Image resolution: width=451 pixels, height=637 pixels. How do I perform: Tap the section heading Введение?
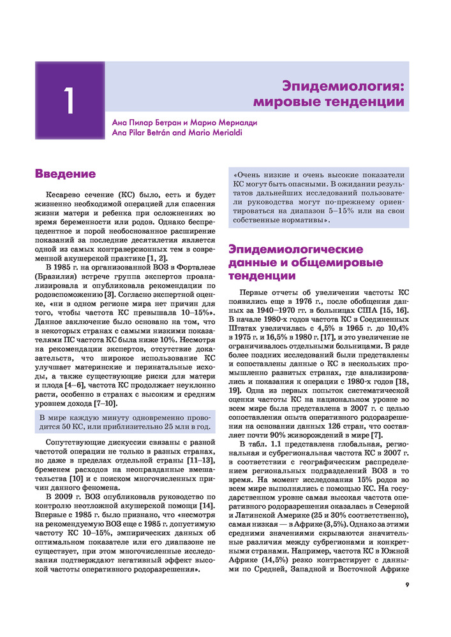point(65,173)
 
